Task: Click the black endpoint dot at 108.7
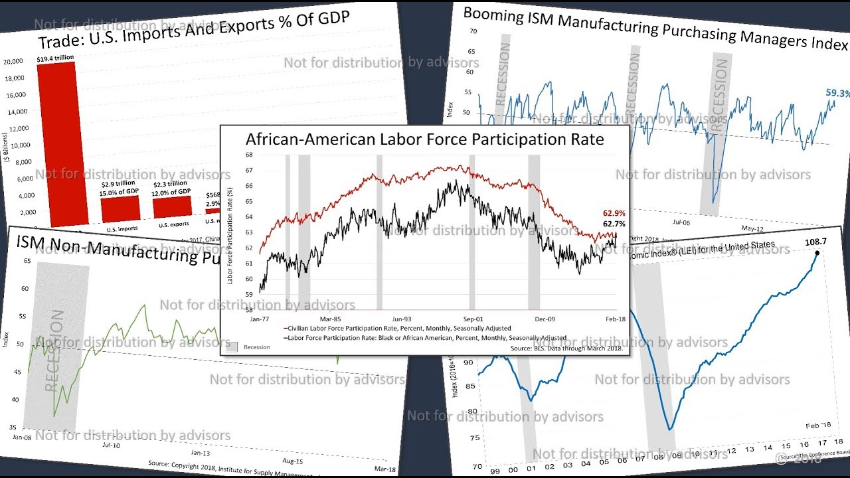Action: tap(817, 253)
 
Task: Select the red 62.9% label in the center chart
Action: tap(614, 213)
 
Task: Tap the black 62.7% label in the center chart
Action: tap(614, 224)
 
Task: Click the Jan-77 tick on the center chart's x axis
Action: tap(259, 319)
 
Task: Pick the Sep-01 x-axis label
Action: tap(473, 319)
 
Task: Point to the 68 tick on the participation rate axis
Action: tap(249, 155)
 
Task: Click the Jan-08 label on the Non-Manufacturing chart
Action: tap(22, 438)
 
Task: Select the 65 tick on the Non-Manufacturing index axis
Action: tap(26, 261)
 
